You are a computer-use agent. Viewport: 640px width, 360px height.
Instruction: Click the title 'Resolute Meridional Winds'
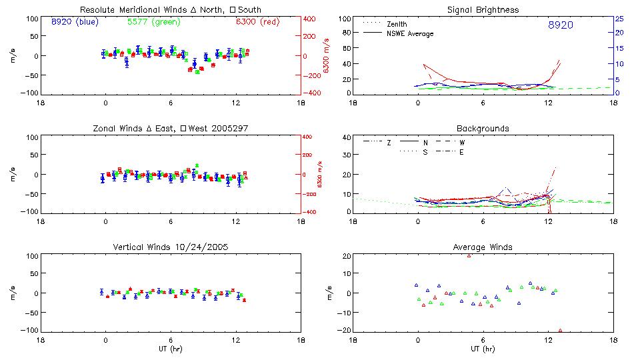pos(126,10)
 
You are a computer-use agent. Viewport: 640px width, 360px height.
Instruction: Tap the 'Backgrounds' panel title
pos(483,128)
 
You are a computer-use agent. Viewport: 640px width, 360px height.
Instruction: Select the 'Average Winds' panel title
pos(483,247)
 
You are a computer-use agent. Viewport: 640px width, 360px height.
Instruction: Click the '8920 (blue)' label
pos(74,22)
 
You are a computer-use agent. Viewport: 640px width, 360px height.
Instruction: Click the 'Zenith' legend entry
pos(398,24)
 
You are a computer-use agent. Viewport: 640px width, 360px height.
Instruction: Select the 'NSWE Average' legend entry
pos(409,33)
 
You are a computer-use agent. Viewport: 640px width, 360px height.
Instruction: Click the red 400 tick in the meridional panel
pos(311,19)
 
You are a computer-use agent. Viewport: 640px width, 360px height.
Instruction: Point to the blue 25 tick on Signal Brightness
pos(619,19)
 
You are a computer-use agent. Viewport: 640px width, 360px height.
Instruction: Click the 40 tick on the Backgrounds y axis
pos(346,138)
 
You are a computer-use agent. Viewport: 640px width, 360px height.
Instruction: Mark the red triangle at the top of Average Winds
pos(469,255)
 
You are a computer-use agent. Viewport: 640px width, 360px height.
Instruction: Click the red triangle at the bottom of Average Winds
pos(560,330)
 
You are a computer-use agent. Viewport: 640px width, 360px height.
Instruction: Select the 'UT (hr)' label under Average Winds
pos(483,348)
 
